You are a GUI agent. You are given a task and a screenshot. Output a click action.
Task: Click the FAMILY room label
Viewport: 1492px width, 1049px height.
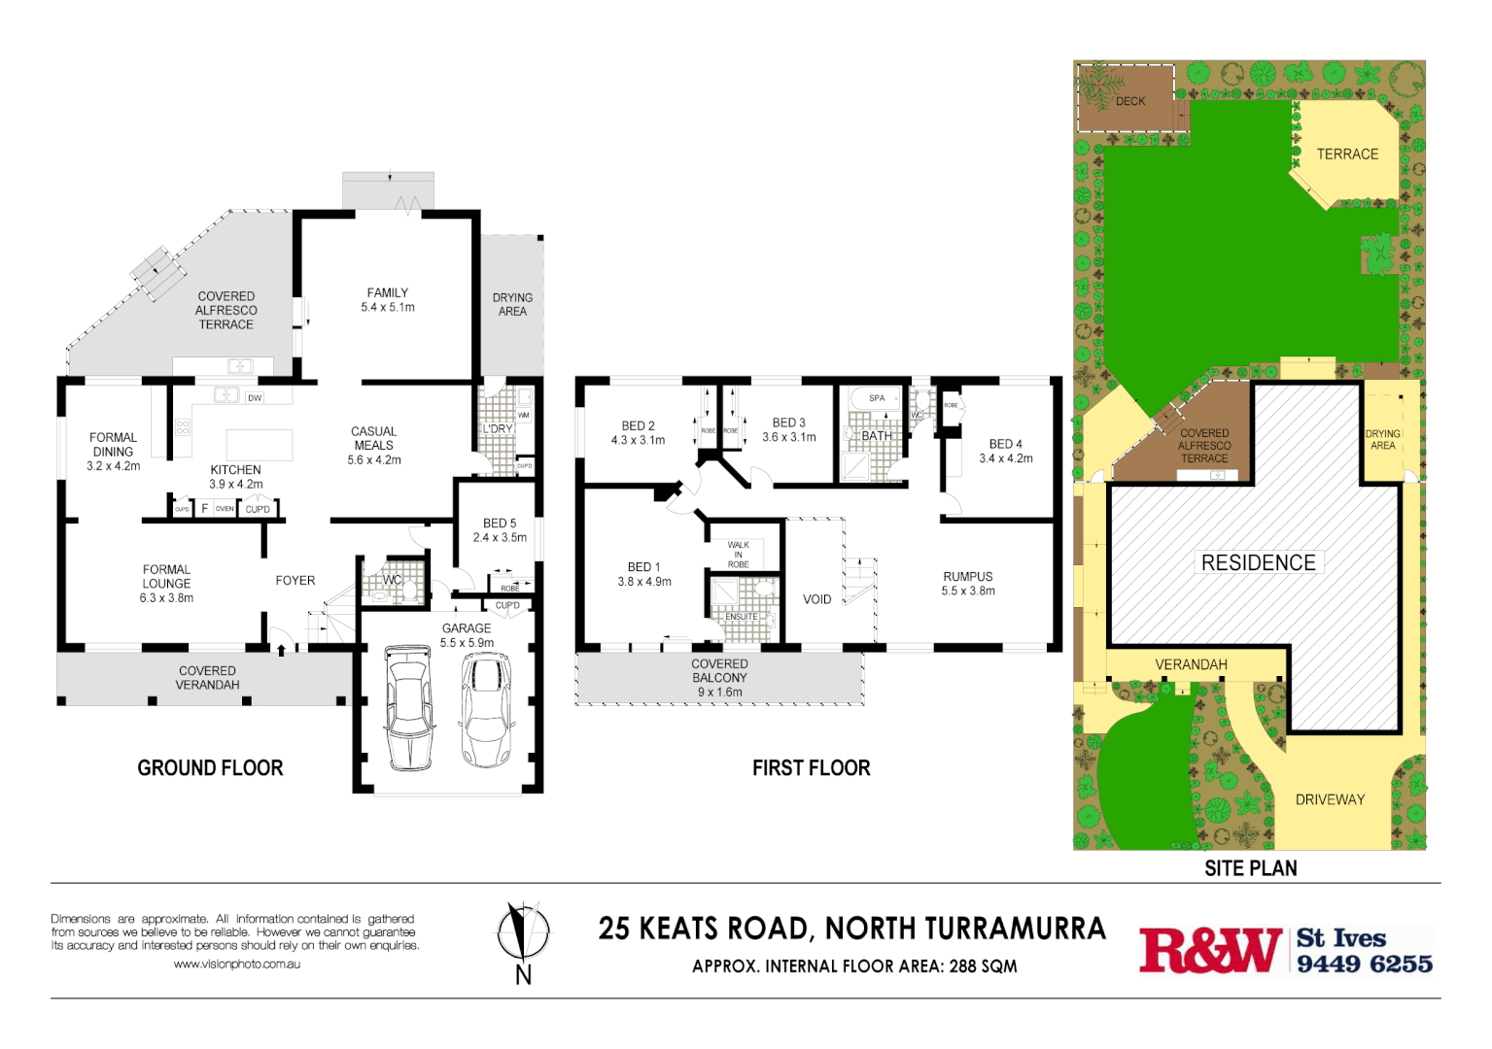(x=388, y=299)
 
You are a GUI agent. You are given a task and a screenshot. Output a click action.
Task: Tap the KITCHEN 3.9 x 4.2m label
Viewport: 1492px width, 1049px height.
(x=236, y=476)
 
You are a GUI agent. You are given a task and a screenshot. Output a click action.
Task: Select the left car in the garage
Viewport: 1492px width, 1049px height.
(x=409, y=707)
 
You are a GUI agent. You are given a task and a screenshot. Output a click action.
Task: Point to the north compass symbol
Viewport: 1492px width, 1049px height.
(x=523, y=932)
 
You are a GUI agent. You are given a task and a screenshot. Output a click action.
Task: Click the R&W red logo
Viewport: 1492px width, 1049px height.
(x=1210, y=949)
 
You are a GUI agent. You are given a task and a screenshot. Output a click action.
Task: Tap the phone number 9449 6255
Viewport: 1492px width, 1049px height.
(x=1364, y=964)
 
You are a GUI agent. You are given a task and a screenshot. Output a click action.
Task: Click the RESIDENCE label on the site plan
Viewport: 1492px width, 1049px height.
(x=1258, y=562)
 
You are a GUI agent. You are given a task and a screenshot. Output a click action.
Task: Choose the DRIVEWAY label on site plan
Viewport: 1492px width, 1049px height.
(x=1330, y=799)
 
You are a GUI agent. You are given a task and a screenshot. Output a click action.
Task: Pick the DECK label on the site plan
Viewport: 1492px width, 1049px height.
(x=1130, y=101)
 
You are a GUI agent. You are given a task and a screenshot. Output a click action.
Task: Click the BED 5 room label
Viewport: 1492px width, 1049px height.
(x=500, y=529)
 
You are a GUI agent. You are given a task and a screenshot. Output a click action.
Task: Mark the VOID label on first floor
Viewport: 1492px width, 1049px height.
(x=816, y=599)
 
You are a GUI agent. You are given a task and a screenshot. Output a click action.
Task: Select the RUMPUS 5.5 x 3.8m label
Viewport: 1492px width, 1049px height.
(x=968, y=583)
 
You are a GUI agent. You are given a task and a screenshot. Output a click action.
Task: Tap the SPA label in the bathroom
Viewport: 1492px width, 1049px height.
(x=877, y=398)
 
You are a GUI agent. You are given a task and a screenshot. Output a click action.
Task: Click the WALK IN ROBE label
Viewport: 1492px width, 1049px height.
(x=739, y=555)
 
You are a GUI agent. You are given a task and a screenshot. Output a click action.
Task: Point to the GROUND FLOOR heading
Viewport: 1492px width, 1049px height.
(x=210, y=767)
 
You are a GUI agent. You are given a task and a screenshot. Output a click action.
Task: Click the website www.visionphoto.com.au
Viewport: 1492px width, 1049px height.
(x=236, y=964)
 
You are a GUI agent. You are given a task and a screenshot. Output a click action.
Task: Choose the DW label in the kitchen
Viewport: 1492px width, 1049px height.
(x=255, y=398)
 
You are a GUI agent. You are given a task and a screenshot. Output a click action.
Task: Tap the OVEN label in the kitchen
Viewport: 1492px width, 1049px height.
(x=225, y=509)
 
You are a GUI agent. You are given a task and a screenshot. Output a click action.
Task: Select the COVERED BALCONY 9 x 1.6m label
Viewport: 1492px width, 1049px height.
(x=719, y=678)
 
